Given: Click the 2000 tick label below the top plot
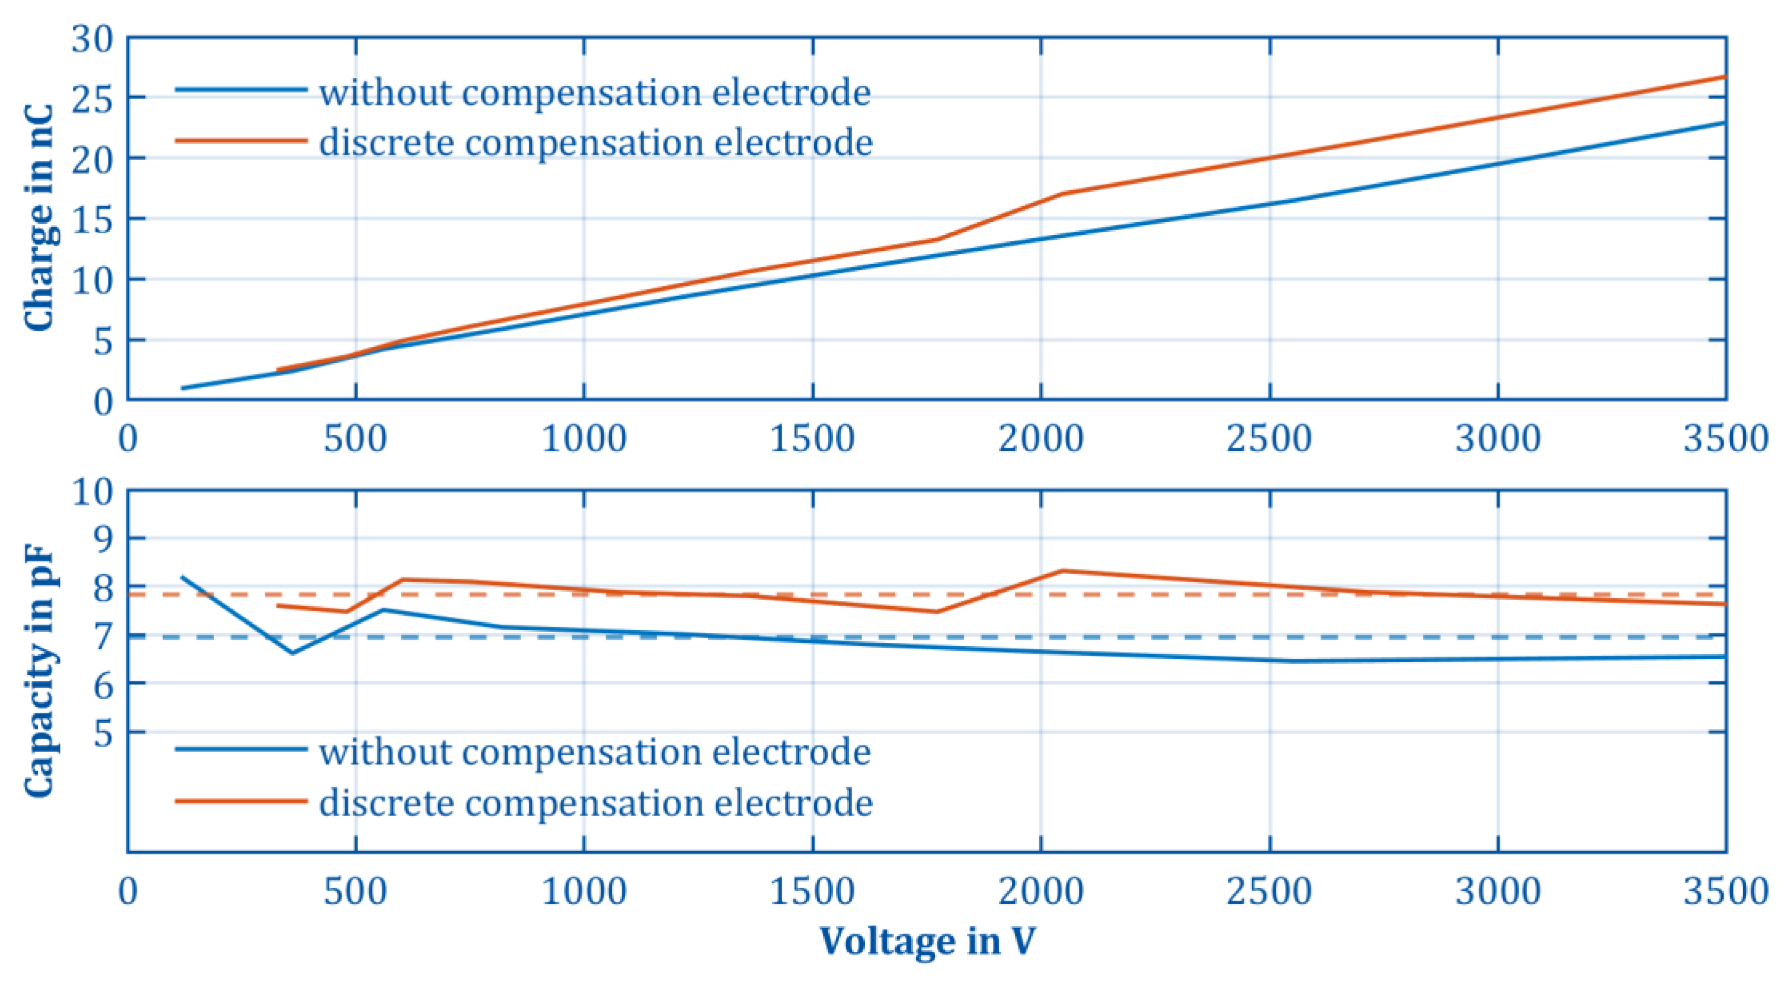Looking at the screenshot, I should [1041, 439].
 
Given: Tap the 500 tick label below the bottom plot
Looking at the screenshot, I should [355, 892].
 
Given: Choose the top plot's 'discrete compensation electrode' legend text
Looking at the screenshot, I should [596, 143].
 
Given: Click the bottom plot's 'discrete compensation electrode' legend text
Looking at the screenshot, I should [596, 803].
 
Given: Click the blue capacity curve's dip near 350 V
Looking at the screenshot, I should [292, 652].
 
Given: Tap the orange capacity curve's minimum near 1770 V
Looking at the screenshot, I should [937, 611].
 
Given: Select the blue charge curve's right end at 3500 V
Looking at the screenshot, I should [1724, 123].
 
